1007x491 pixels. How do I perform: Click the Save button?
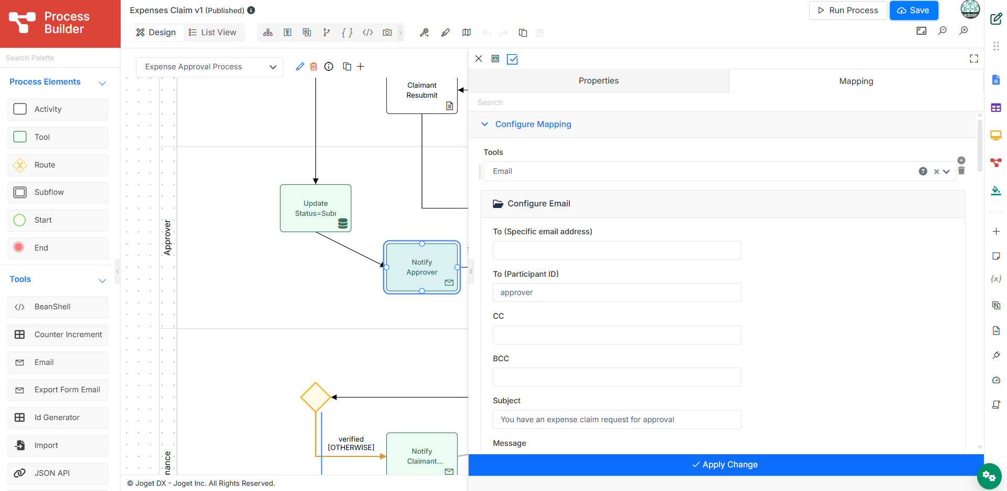(x=914, y=11)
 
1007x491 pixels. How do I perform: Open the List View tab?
(x=213, y=33)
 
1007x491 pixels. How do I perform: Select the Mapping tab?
(x=856, y=81)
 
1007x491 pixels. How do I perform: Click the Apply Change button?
(x=726, y=465)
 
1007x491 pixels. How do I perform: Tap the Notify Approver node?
(x=422, y=267)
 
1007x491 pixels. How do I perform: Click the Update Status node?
(x=315, y=208)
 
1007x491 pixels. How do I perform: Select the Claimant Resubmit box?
(x=422, y=95)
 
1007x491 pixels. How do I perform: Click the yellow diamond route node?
(x=315, y=397)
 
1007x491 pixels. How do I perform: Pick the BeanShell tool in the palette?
(x=58, y=307)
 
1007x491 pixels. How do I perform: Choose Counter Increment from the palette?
(x=58, y=335)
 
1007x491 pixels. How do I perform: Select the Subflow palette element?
(x=58, y=193)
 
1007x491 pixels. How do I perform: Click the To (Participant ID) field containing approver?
(x=617, y=292)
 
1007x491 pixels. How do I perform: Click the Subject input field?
(x=617, y=420)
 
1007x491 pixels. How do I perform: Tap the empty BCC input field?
(x=617, y=377)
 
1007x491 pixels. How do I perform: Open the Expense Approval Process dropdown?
(x=209, y=67)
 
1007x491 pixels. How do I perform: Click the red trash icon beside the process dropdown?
(x=314, y=67)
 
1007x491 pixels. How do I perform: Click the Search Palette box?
(x=60, y=58)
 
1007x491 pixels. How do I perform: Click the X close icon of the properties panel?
(x=479, y=59)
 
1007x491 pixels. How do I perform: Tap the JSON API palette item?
(x=58, y=474)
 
